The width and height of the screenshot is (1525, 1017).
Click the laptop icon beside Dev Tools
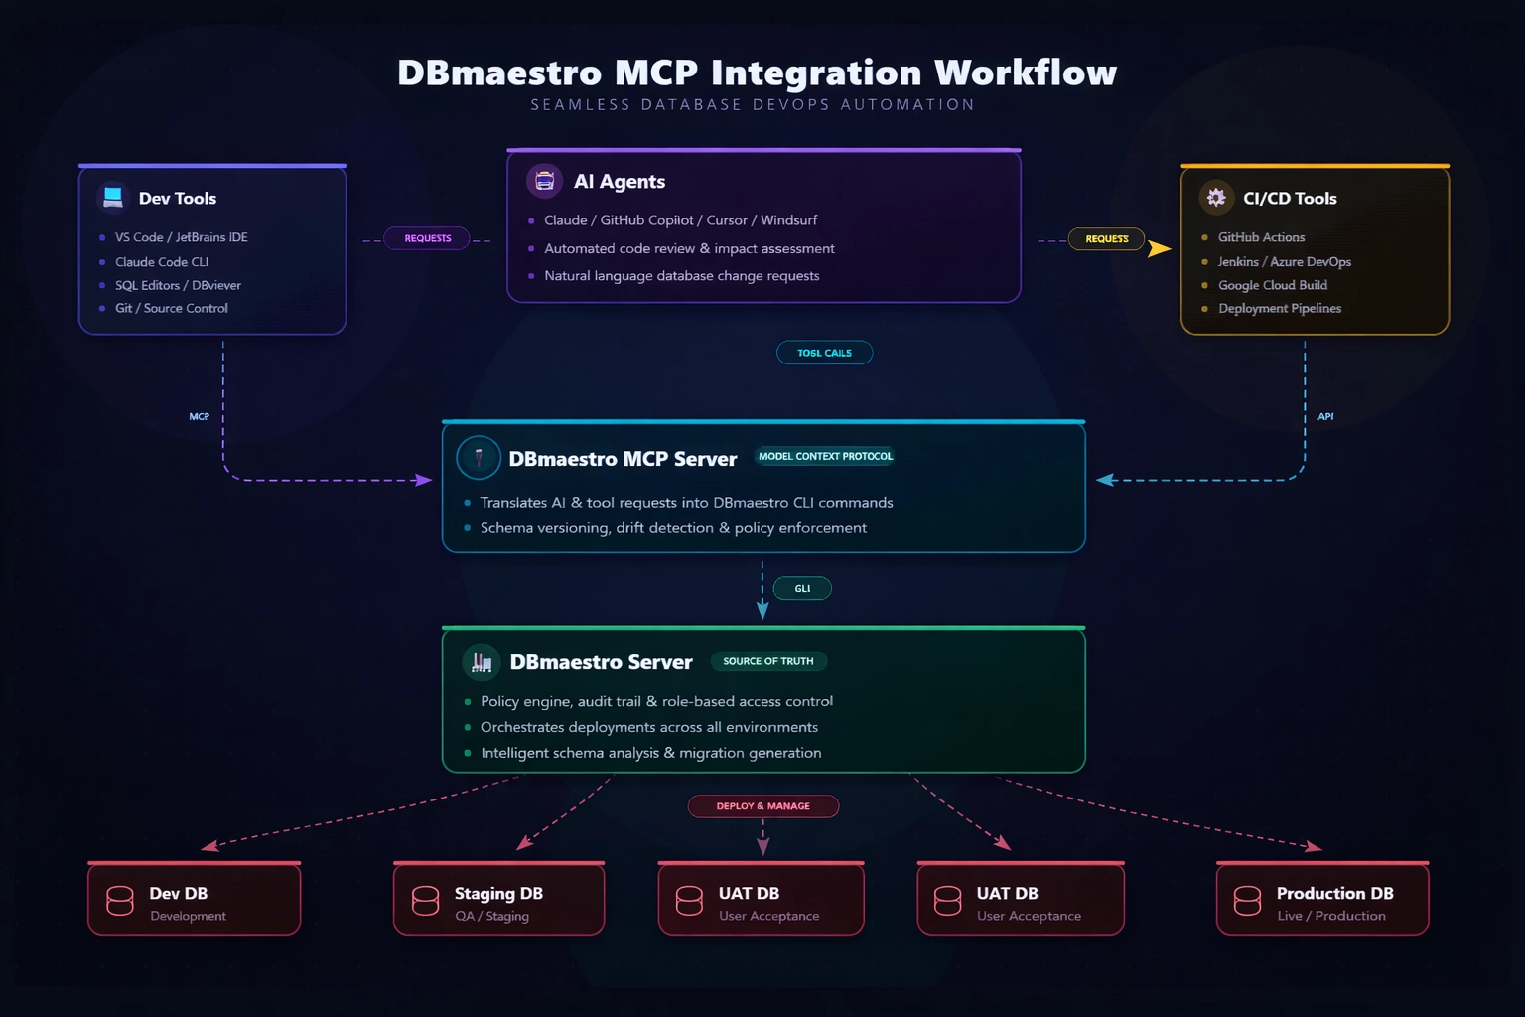coord(113,197)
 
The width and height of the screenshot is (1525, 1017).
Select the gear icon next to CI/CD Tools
coord(1216,198)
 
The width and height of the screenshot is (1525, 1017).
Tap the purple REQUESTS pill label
coord(428,238)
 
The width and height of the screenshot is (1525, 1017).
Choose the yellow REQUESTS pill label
coord(1106,239)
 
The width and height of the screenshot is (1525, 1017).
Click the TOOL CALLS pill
coord(824,353)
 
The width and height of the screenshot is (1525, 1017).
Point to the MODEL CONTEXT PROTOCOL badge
coord(825,456)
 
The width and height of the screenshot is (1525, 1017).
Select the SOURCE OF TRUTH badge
coord(767,661)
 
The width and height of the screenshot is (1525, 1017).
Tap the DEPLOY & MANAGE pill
coord(762,806)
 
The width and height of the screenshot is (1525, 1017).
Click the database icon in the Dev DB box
coord(120,901)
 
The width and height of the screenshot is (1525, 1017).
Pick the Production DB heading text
coord(1334,893)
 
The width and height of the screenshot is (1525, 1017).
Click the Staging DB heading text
coord(498,893)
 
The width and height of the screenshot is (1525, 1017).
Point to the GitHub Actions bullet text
coord(1261,237)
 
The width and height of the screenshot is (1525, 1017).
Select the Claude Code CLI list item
coord(162,262)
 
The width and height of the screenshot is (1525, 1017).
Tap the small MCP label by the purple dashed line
coord(200,417)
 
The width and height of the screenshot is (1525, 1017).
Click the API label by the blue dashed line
coord(1325,417)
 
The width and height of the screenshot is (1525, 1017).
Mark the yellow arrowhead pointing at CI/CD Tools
coord(1159,248)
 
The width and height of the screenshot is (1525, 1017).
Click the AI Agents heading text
coord(620,182)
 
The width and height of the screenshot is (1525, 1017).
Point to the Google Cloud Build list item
coord(1272,285)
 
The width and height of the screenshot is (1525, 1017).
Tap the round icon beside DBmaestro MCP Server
coord(479,458)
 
